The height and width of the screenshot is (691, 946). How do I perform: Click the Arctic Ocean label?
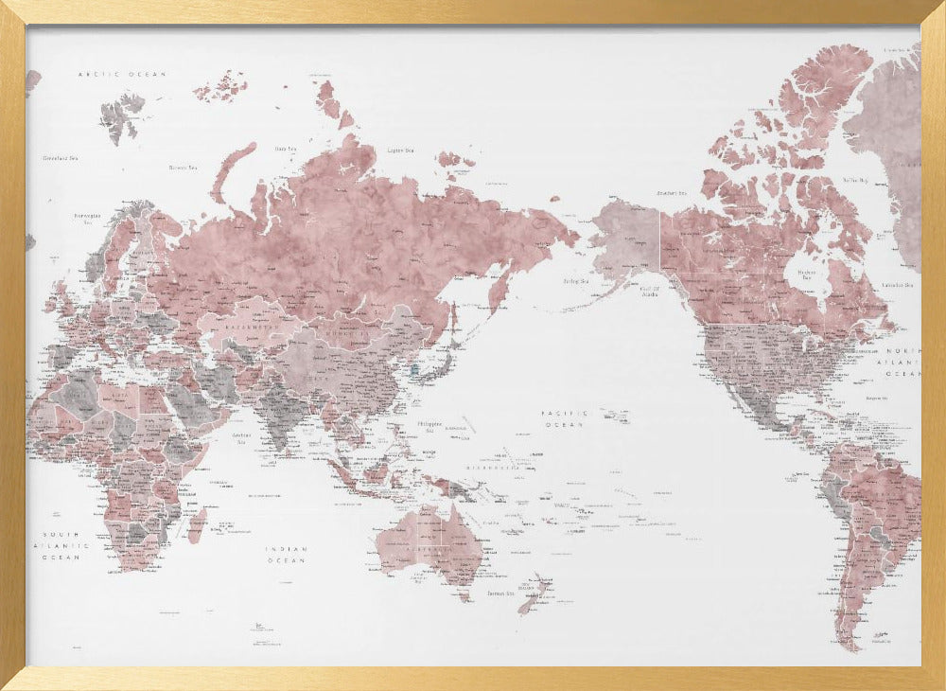[x=122, y=74]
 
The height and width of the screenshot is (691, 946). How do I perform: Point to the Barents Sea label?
[x=183, y=168]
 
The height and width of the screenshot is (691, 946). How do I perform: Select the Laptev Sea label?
[x=401, y=151]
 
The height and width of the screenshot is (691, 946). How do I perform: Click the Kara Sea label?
[x=285, y=149]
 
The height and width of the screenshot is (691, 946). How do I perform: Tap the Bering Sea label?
[x=575, y=281]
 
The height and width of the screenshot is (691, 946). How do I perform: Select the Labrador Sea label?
[x=896, y=285]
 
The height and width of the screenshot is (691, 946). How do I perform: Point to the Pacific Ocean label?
[x=565, y=418]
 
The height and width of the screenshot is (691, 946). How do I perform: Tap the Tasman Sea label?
[x=499, y=594]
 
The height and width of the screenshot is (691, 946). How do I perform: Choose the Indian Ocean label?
[x=286, y=555]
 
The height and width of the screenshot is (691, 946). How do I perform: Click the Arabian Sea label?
[x=242, y=436]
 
